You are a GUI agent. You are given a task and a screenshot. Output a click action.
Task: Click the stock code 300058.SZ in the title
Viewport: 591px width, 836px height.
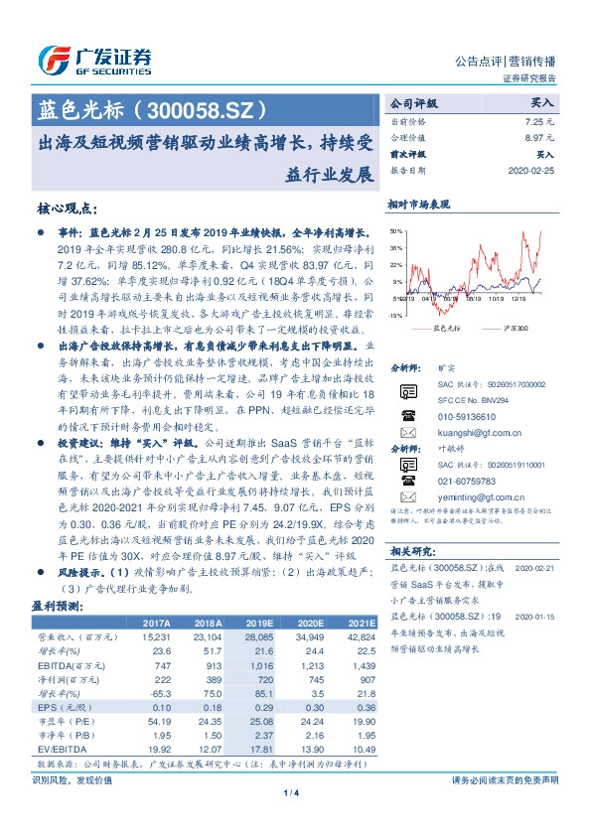tap(218, 105)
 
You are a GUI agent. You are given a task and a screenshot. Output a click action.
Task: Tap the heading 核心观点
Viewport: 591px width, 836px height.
tap(67, 209)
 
